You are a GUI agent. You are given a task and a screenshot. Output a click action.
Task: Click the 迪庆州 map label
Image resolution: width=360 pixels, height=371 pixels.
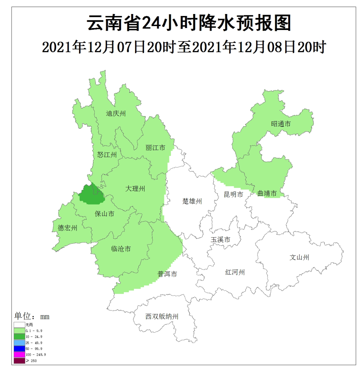pos(116,113)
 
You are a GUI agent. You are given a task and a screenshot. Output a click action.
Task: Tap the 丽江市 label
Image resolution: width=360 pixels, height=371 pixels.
pos(155,147)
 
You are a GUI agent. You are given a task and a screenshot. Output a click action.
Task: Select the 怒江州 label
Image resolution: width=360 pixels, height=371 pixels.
pos(107,154)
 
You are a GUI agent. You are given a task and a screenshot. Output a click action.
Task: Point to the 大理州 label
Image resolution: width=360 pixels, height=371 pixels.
pos(135,189)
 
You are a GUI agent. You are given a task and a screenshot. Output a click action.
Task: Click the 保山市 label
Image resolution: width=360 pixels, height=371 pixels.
pos(104,214)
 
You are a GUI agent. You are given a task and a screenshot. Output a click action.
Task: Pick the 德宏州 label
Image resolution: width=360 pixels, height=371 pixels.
pos(67,228)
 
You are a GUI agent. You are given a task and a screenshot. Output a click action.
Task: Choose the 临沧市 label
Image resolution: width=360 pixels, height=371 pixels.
pos(120,249)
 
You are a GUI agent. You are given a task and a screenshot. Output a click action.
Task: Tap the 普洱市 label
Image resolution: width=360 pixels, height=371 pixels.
pos(167,274)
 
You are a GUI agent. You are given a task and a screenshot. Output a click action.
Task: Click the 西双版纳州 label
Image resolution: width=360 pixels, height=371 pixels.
pos(162,317)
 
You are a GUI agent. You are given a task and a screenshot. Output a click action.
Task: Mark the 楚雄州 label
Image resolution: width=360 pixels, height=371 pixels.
pos(192,201)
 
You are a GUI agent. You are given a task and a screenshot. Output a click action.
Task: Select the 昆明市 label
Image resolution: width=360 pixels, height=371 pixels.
pos(233,195)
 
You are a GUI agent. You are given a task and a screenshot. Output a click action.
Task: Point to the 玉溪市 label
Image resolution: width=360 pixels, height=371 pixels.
pos(220,240)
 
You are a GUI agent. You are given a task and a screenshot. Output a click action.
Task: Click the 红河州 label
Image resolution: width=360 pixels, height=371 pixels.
pos(235,272)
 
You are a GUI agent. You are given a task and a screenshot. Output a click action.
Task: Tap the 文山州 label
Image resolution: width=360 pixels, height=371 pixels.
pos(299,257)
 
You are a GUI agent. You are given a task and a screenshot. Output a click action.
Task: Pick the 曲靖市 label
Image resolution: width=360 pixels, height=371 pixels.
pos(267,194)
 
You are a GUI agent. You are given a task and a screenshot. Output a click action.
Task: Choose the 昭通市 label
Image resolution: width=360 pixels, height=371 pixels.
pos(281,124)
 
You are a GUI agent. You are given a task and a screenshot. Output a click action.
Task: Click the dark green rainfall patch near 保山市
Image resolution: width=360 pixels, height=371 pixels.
pos(91,195)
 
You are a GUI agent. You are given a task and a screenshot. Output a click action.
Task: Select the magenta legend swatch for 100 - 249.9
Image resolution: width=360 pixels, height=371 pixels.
pos(19,354)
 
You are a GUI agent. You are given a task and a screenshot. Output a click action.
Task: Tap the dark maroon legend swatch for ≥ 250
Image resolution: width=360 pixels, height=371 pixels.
pos(19,361)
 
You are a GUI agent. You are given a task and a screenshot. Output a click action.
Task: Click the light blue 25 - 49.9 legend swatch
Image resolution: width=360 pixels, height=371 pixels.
pos(19,342)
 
